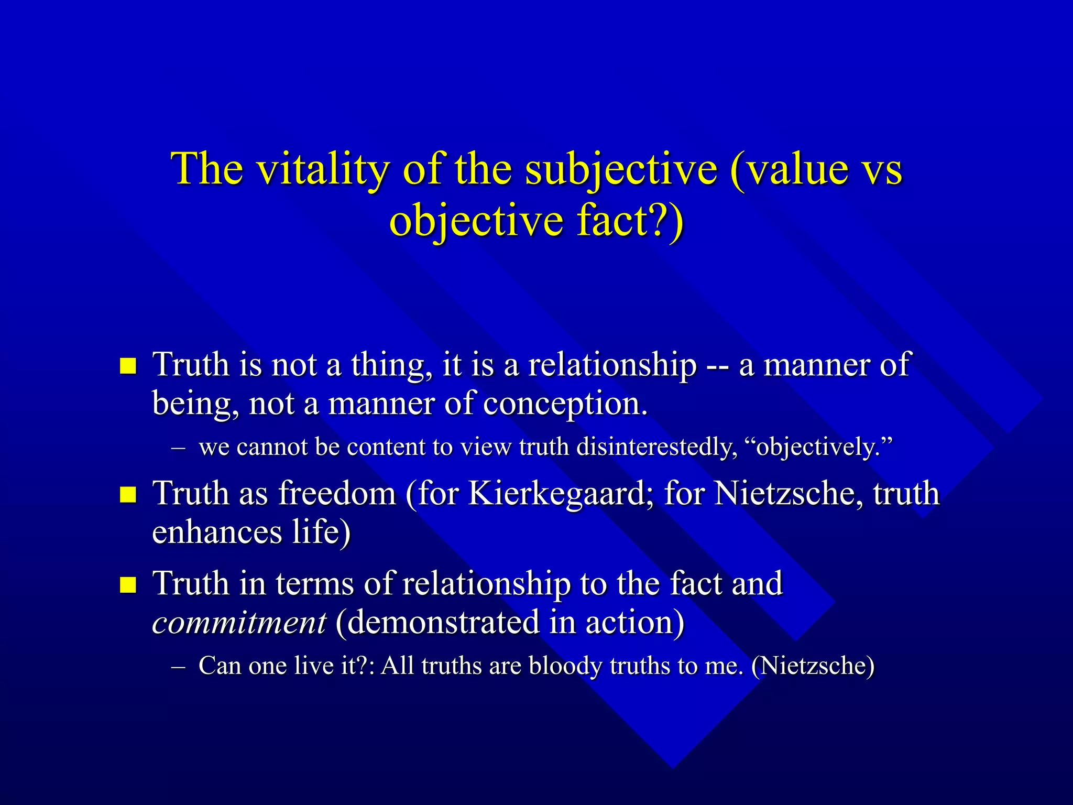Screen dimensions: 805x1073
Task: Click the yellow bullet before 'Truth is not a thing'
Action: click(128, 366)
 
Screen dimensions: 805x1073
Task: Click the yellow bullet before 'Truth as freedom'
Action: click(128, 494)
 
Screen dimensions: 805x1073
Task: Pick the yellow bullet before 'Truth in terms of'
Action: click(128, 584)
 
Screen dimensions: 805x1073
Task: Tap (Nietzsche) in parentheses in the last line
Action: click(813, 666)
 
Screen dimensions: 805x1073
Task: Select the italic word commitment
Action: click(239, 623)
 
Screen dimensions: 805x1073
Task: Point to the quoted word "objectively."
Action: click(818, 447)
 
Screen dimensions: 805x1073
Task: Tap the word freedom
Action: click(337, 494)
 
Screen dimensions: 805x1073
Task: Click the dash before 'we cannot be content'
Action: click(178, 449)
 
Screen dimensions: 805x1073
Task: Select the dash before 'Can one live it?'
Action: click(178, 667)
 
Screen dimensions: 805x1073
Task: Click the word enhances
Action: click(217, 532)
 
